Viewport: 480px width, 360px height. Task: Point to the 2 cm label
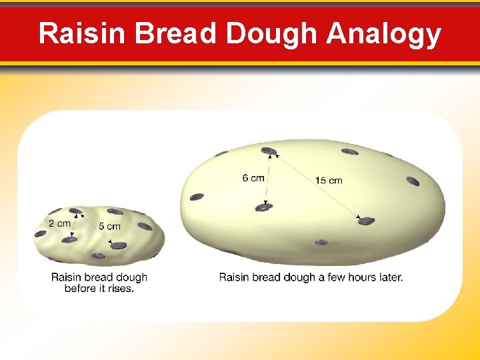click(x=59, y=223)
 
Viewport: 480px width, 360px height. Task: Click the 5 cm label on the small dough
click(x=109, y=227)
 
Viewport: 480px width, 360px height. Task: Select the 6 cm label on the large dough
click(x=253, y=178)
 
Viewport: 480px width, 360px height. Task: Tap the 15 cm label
click(x=329, y=181)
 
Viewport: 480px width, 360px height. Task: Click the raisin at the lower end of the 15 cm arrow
click(x=366, y=221)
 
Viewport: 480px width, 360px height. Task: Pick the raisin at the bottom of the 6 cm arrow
click(x=264, y=208)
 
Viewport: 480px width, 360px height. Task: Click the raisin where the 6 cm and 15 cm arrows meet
click(x=269, y=151)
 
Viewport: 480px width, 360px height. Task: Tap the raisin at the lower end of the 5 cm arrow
click(x=118, y=245)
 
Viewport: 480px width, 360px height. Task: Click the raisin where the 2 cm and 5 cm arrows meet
click(x=75, y=212)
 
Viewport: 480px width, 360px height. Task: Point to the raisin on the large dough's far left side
click(x=197, y=197)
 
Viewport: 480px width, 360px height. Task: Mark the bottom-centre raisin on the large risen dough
click(x=321, y=242)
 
